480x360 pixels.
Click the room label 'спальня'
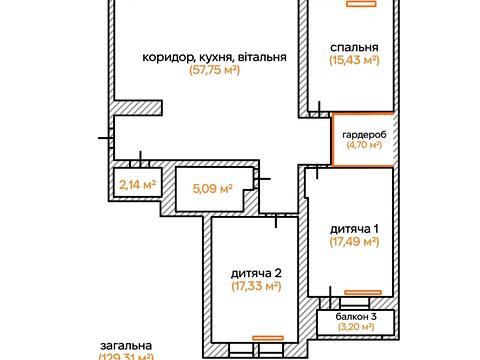(x=354, y=47)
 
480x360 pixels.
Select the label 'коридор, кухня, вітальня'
(x=214, y=57)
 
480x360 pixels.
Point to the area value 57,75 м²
(x=214, y=71)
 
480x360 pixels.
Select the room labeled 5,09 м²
(x=211, y=187)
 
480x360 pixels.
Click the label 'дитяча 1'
(x=354, y=228)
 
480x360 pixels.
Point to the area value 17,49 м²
(x=354, y=242)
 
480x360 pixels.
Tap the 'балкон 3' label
(x=354, y=315)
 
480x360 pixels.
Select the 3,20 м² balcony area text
(x=354, y=326)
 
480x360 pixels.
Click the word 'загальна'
(x=126, y=345)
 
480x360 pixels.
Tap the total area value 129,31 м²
(x=126, y=356)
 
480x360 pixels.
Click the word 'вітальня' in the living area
(x=262, y=57)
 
